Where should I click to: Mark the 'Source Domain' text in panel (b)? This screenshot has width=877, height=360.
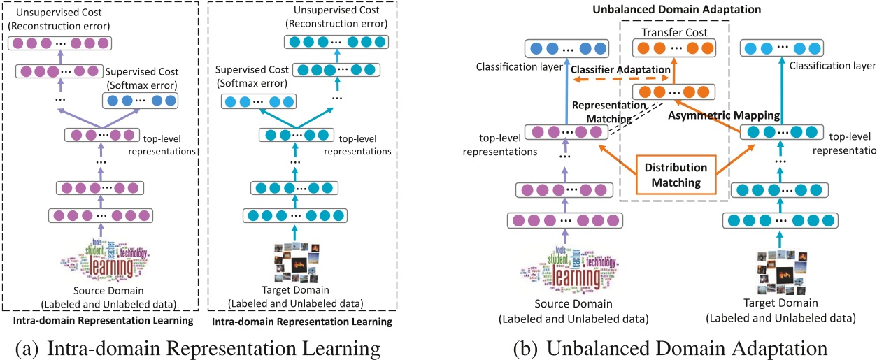(x=573, y=305)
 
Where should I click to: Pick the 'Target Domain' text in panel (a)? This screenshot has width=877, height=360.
(x=289, y=291)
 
